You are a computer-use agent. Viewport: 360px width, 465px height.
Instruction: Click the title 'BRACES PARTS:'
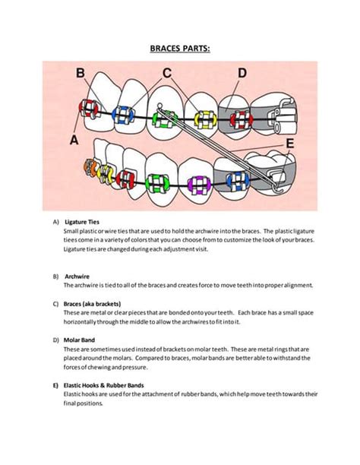pos(179,49)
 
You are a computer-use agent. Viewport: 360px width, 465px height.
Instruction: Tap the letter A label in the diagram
pos(74,140)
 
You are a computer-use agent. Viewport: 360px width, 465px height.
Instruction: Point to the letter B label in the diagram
pos(80,74)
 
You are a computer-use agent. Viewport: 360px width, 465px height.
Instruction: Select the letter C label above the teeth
pos(168,73)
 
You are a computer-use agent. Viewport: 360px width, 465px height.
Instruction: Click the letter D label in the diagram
pos(242,73)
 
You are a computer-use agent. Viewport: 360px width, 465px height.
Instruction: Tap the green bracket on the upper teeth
pos(163,119)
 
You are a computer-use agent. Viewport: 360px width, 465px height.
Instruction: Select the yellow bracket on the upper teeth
pos(203,119)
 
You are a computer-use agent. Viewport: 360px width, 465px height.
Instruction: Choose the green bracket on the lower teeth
pos(159,183)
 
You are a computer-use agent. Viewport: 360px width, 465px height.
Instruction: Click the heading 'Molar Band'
pos(80,340)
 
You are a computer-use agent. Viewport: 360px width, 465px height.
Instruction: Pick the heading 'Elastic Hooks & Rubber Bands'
pos(103,385)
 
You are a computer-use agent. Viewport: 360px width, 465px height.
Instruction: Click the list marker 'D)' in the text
pos(55,340)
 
